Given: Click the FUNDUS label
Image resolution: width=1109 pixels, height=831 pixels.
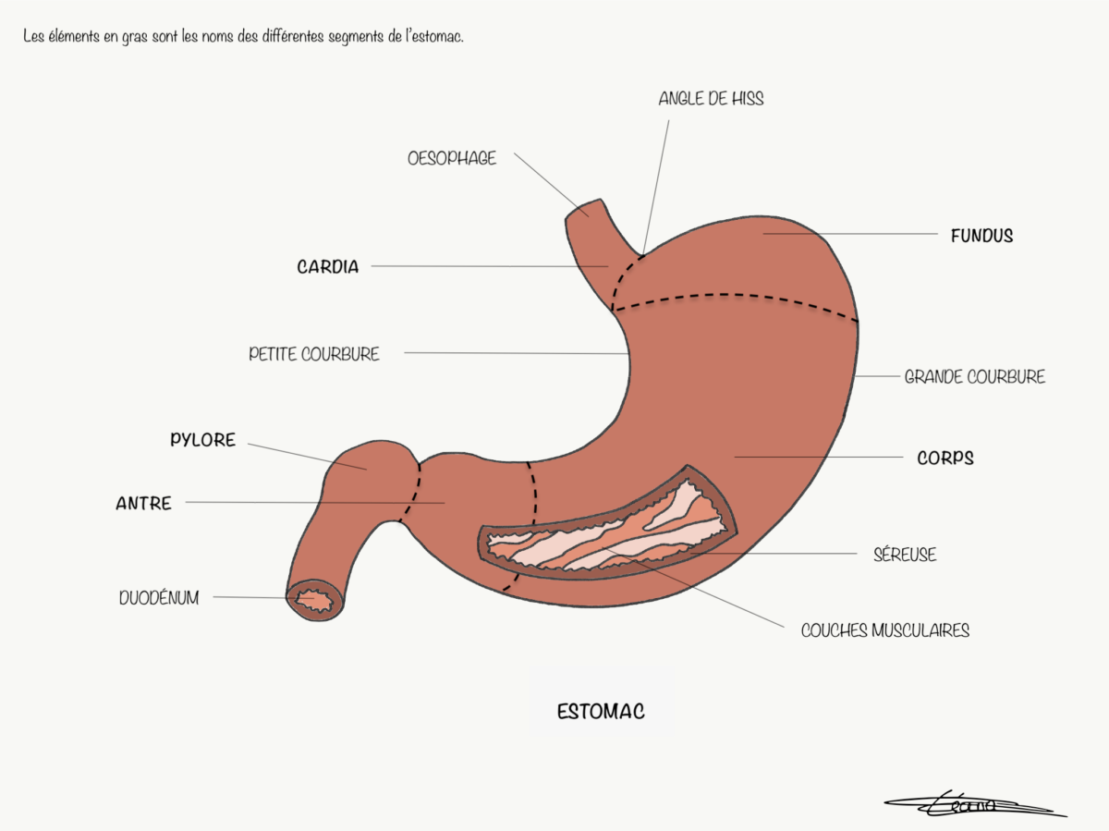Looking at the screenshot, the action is (x=981, y=236).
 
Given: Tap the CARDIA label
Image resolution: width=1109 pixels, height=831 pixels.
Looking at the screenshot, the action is (x=328, y=267).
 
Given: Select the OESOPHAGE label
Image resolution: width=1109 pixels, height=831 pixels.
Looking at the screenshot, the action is (x=452, y=159).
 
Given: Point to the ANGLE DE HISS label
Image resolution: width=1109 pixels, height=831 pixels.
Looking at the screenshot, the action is (x=711, y=99).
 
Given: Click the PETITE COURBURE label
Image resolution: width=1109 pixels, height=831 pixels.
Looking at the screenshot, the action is (x=313, y=354).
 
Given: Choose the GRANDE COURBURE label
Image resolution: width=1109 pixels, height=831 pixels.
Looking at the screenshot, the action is (x=975, y=377).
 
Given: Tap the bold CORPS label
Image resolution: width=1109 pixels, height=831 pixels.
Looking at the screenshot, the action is (x=945, y=458).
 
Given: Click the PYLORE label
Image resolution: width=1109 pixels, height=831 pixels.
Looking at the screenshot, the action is (x=202, y=440).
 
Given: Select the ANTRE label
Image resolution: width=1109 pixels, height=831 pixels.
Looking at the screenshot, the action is (x=143, y=503).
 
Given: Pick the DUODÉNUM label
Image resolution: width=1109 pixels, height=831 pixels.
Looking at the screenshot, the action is (x=159, y=598).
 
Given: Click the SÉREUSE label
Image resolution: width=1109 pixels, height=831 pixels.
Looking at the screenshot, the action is (x=905, y=555).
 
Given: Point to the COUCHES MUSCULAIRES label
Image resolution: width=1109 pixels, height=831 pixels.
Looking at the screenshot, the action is (x=885, y=630).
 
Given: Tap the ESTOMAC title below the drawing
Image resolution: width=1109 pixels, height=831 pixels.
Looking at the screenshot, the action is (x=601, y=712).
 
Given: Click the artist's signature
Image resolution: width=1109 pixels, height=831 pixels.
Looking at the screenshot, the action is (x=975, y=804).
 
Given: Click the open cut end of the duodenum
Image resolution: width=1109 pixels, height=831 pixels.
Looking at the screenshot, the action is (x=315, y=601).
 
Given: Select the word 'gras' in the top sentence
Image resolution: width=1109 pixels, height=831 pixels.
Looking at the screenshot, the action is (x=134, y=37).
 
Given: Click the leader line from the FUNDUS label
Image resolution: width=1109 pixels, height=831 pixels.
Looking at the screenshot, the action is (x=850, y=234).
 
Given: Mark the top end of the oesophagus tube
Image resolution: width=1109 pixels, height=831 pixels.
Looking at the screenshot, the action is (x=583, y=209).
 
